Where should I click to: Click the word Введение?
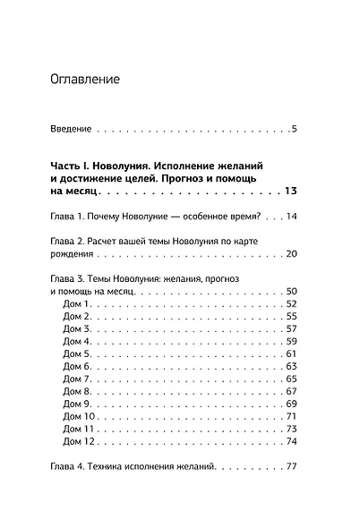[72, 131]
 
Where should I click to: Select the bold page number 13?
[289, 192]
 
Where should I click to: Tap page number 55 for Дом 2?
[290, 318]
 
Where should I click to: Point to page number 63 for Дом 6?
[290, 367]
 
